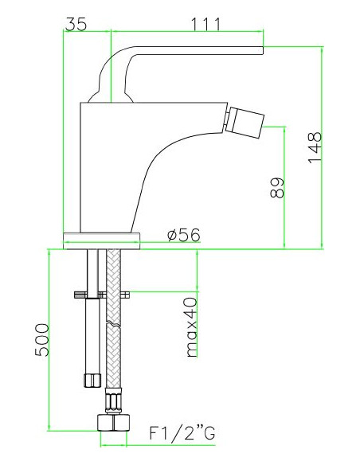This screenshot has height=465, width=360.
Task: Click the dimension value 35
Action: [76, 25]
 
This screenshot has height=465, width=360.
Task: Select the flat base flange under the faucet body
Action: [104, 236]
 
